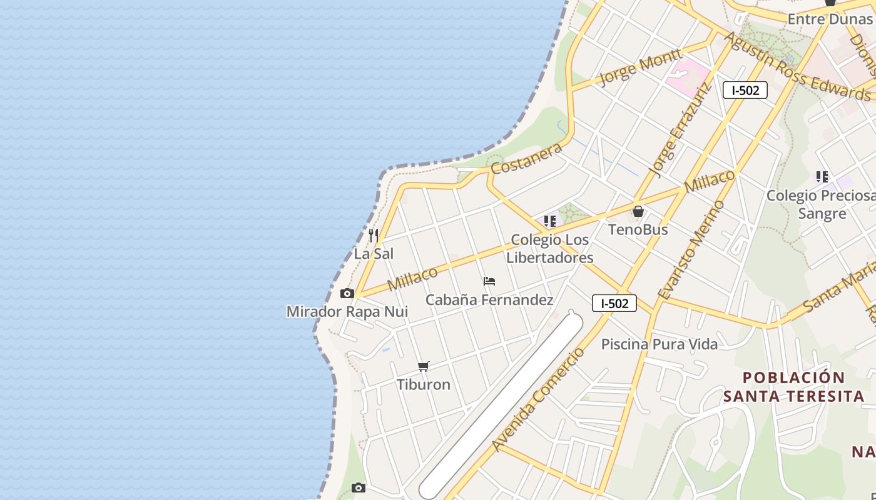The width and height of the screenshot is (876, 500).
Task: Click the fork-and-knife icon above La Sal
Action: pyautogui.click(x=374, y=236)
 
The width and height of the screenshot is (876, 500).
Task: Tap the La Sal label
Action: pyautogui.click(x=374, y=254)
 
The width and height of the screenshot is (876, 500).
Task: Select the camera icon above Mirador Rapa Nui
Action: pyautogui.click(x=347, y=294)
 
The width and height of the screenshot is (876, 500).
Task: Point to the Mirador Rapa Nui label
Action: pyautogui.click(x=347, y=311)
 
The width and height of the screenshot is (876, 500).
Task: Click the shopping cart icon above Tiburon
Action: pyautogui.click(x=424, y=366)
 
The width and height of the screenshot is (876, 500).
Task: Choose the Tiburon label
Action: pyautogui.click(x=424, y=384)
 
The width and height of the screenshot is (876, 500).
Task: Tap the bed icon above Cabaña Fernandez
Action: pyautogui.click(x=489, y=282)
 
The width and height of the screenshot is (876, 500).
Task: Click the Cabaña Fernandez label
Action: pyautogui.click(x=489, y=300)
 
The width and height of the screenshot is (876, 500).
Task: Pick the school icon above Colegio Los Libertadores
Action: pyautogui.click(x=550, y=221)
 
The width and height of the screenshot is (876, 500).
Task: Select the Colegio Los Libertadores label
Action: pyautogui.click(x=550, y=249)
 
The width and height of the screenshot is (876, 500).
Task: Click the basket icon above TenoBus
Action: pyautogui.click(x=638, y=212)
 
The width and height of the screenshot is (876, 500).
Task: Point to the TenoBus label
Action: pyautogui.click(x=638, y=229)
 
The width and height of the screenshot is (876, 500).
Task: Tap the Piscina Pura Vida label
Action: pyautogui.click(x=660, y=344)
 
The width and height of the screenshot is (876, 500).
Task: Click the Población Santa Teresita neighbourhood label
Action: pyautogui.click(x=793, y=387)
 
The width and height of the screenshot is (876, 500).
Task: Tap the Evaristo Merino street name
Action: pyautogui.click(x=691, y=250)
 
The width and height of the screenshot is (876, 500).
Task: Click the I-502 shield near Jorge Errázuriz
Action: pyautogui.click(x=745, y=90)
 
